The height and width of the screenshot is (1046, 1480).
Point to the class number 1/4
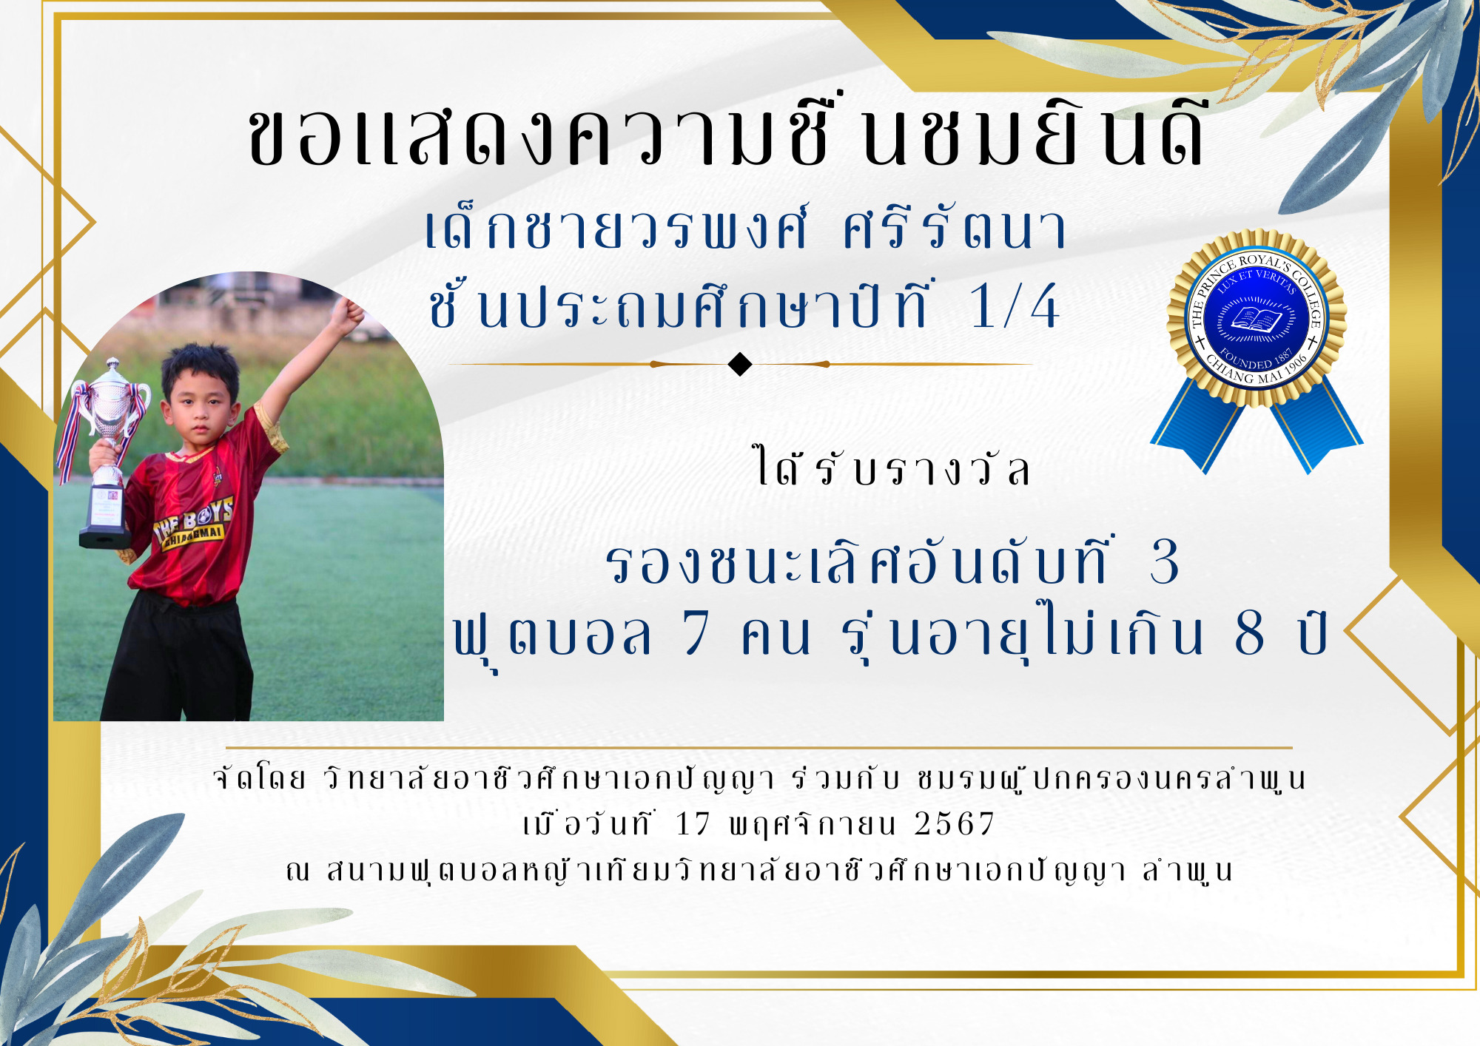coord(1015,306)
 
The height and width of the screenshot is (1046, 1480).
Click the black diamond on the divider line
coord(740,364)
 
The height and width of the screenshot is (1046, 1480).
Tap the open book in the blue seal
coord(1256,320)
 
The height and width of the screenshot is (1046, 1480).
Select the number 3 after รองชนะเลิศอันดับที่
coord(1164,562)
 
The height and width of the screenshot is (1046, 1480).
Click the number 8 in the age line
coord(1249,633)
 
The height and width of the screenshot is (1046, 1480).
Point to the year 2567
coord(955,824)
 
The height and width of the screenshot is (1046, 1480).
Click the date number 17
coord(693,824)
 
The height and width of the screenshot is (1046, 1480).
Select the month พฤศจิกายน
coord(813,824)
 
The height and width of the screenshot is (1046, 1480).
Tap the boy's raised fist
coord(346,314)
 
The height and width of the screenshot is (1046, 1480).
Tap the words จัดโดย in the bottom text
coord(259,778)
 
